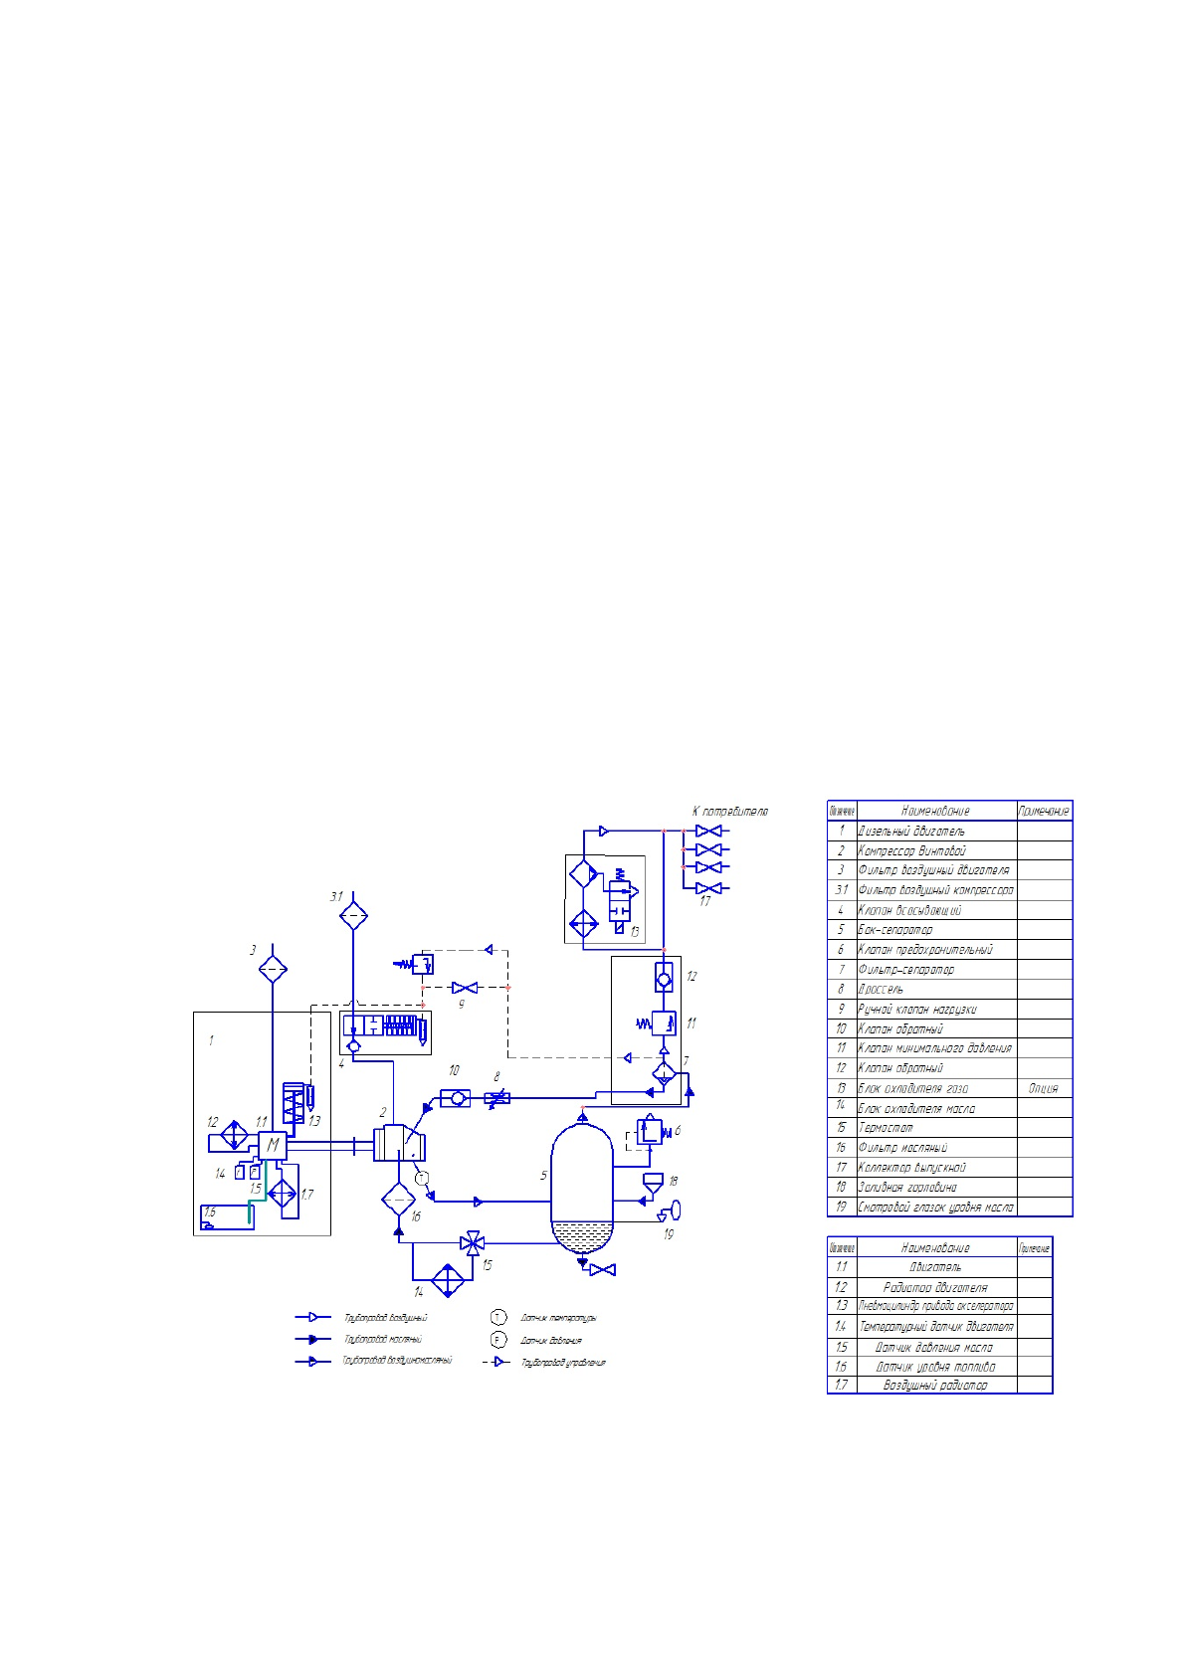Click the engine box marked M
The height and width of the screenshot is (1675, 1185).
272,1145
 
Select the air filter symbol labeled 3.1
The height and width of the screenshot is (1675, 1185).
353,915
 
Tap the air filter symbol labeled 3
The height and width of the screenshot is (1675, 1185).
273,968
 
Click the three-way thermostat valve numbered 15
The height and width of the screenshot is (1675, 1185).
474,1242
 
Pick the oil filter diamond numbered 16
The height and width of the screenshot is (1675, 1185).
398,1200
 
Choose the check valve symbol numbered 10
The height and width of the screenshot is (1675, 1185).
456,1098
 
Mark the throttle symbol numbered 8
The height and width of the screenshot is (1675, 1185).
497,1098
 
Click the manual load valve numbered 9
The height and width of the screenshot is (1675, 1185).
464,988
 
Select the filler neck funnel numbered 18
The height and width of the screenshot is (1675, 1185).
653,1183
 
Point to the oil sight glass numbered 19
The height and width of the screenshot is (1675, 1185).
673,1210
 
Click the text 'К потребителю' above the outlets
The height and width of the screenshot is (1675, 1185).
729,812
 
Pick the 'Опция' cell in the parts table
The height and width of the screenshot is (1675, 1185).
1044,1088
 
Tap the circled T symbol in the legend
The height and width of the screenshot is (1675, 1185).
498,1318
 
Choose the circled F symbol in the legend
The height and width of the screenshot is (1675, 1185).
498,1340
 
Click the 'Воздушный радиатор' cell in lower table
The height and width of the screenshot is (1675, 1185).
935,1385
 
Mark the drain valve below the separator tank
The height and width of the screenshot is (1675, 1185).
602,1270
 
